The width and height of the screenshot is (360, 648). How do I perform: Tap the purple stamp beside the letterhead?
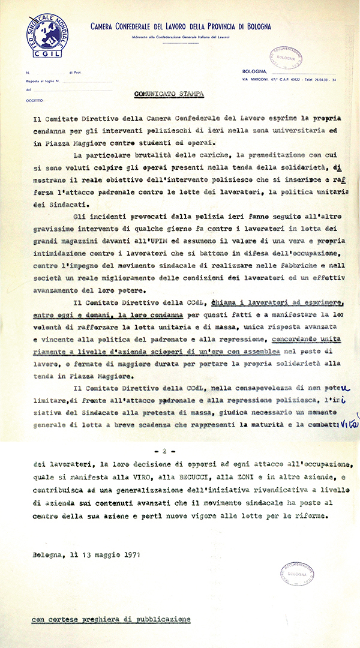pyautogui.click(x=285, y=58)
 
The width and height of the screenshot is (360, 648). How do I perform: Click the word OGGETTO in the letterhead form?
pyautogui.click(x=35, y=101)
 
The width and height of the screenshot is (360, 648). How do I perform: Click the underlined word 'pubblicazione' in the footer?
pyautogui.click(x=162, y=619)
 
